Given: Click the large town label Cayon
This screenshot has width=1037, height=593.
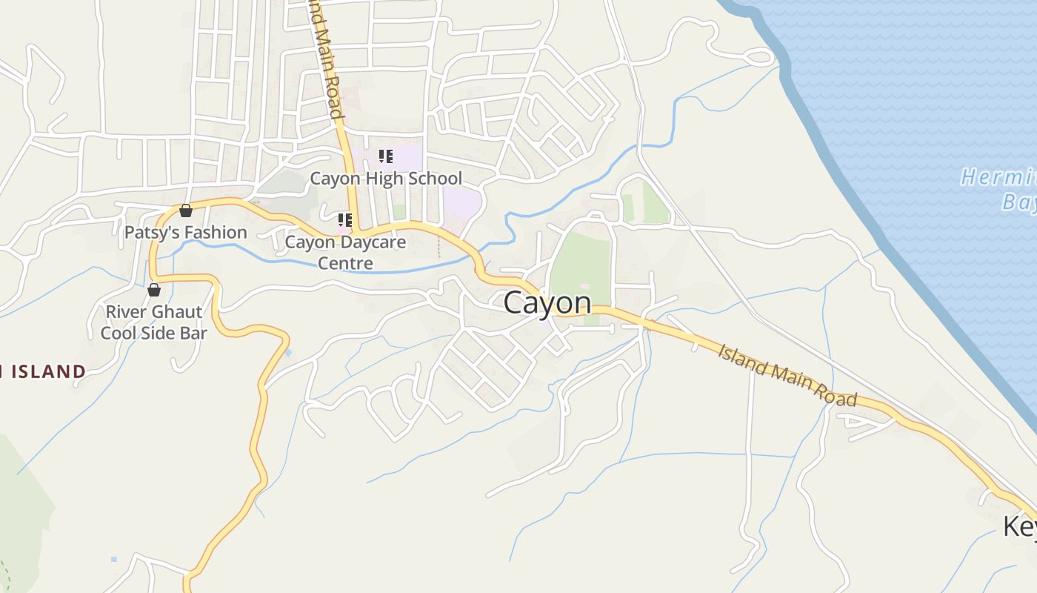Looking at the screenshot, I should coord(547,302).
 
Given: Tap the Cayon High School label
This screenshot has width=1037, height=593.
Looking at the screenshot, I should coord(385,179).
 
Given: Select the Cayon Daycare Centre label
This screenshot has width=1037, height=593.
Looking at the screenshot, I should coord(345,252).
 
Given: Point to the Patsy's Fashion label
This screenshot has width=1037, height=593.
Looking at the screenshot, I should coord(185,233).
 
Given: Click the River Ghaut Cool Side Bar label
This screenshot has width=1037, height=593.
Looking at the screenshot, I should coord(154,322).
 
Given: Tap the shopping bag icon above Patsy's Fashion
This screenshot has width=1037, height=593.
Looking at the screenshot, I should coord(186,211).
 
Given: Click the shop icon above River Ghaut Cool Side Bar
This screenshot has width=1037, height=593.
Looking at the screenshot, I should coord(154,290).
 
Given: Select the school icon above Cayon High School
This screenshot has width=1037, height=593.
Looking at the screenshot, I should coord(385,156).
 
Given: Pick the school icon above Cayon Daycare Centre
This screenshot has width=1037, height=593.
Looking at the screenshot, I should coord(344,220).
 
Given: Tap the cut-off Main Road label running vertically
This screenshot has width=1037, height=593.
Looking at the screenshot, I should coord(326,59).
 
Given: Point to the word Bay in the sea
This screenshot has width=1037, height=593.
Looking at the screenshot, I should coord(1019,202).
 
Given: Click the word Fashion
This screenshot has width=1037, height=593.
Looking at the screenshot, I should coord(216,233).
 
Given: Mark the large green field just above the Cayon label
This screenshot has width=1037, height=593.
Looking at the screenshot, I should coord(581,267).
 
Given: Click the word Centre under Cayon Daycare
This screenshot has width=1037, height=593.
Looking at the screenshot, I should coord(345,263).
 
